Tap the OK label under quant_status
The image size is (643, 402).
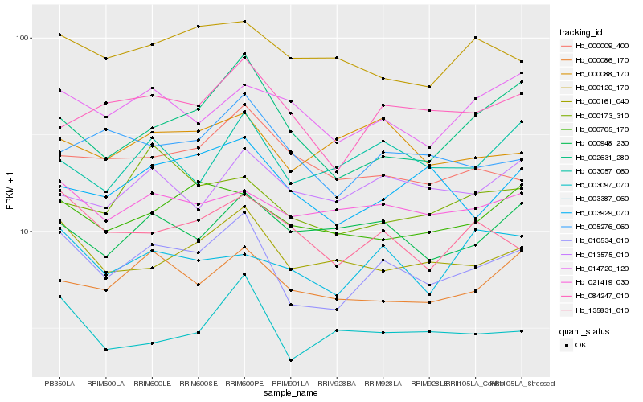coord(580,345)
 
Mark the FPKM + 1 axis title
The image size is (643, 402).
coord(10,194)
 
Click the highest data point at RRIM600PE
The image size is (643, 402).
coord(244,22)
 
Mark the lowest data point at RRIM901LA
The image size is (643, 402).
coord(290,360)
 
